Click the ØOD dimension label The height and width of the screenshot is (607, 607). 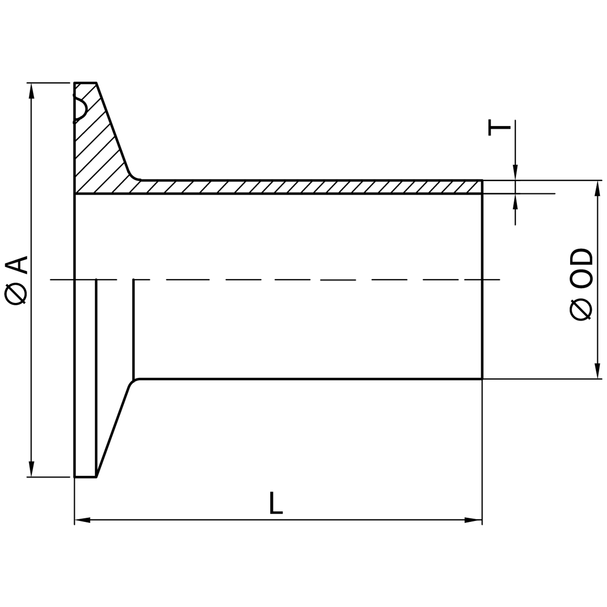coord(581,284)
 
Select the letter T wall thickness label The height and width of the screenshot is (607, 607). coord(499,128)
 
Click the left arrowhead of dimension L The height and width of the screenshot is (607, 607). coord(82,520)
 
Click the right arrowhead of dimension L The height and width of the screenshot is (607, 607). coord(474,520)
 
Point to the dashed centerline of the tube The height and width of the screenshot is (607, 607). coord(281,279)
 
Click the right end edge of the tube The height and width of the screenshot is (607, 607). coord(482,281)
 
